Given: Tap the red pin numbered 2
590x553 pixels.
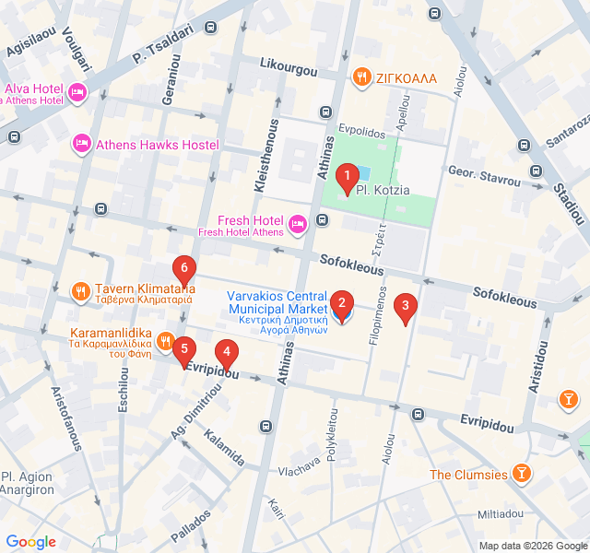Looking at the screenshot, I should [x=341, y=303].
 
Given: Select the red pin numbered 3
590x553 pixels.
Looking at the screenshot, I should [x=405, y=307].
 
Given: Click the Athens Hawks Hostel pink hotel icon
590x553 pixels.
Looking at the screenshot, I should [x=82, y=145].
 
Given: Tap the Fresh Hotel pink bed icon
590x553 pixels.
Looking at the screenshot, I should [x=297, y=223].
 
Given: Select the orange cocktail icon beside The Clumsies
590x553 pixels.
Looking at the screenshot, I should [x=523, y=475].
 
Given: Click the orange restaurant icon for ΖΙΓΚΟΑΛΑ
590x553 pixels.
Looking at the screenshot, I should [x=363, y=77].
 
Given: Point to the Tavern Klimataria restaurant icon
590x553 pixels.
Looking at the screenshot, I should [x=81, y=293].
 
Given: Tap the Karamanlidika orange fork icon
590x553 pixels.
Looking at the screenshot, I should [x=165, y=341].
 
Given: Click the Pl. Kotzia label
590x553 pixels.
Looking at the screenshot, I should [x=382, y=190].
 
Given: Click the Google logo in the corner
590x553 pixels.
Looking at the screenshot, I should [x=31, y=542].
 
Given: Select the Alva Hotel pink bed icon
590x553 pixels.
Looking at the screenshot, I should [x=77, y=92].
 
